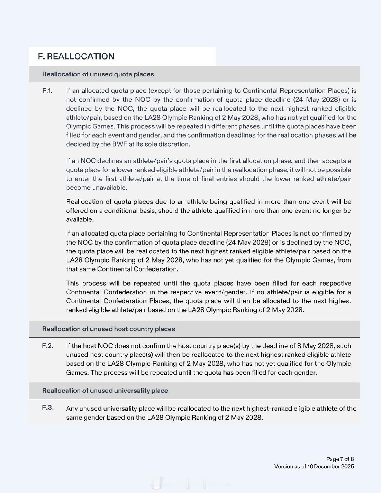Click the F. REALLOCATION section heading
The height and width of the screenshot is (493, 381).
coord(76,56)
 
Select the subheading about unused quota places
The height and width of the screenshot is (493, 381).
coord(98,74)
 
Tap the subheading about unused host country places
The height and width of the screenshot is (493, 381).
coord(108,329)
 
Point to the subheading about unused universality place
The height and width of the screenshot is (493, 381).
coord(105,391)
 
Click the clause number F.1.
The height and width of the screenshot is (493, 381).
coord(47,91)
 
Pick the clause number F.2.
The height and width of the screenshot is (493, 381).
coord(48,346)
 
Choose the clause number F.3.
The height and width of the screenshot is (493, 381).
coord(48,408)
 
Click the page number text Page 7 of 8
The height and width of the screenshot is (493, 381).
coord(340,459)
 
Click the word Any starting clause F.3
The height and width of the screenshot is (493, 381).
coord(72,409)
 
